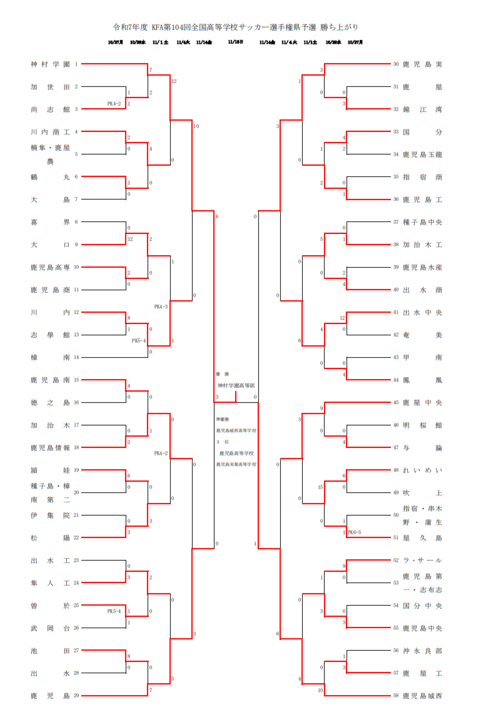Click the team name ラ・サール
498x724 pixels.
[422, 560]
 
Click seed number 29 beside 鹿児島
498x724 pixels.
[76, 695]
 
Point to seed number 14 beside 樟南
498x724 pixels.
[76, 357]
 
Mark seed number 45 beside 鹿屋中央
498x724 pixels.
[395, 402]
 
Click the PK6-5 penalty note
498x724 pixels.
[355, 532]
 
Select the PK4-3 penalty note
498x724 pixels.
[161, 307]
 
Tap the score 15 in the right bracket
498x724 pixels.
[320, 486]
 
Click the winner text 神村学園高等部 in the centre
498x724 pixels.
[236, 386]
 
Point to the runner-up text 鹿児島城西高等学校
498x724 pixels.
[237, 431]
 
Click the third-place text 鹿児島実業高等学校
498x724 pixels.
[237, 464]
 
